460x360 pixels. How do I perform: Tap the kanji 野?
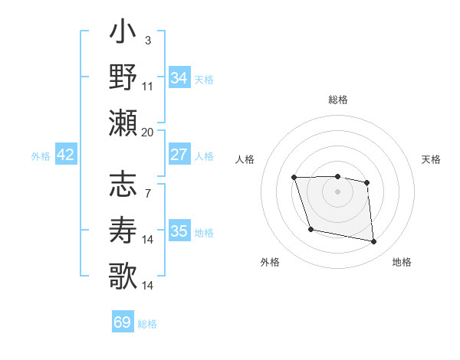click(123, 78)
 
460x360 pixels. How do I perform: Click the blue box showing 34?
click(179, 78)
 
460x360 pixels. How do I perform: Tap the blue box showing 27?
click(179, 155)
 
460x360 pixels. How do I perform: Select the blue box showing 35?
click(179, 231)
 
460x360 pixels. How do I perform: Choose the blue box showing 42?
click(65, 155)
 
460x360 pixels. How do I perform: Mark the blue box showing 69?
click(123, 322)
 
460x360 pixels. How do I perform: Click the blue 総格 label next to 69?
click(147, 324)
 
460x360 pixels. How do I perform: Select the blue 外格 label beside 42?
click(41, 156)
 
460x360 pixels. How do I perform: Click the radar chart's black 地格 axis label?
click(402, 262)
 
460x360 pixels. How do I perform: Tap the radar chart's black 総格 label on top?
click(337, 100)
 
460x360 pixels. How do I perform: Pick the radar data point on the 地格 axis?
click(374, 242)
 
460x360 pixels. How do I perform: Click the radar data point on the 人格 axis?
click(294, 178)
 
